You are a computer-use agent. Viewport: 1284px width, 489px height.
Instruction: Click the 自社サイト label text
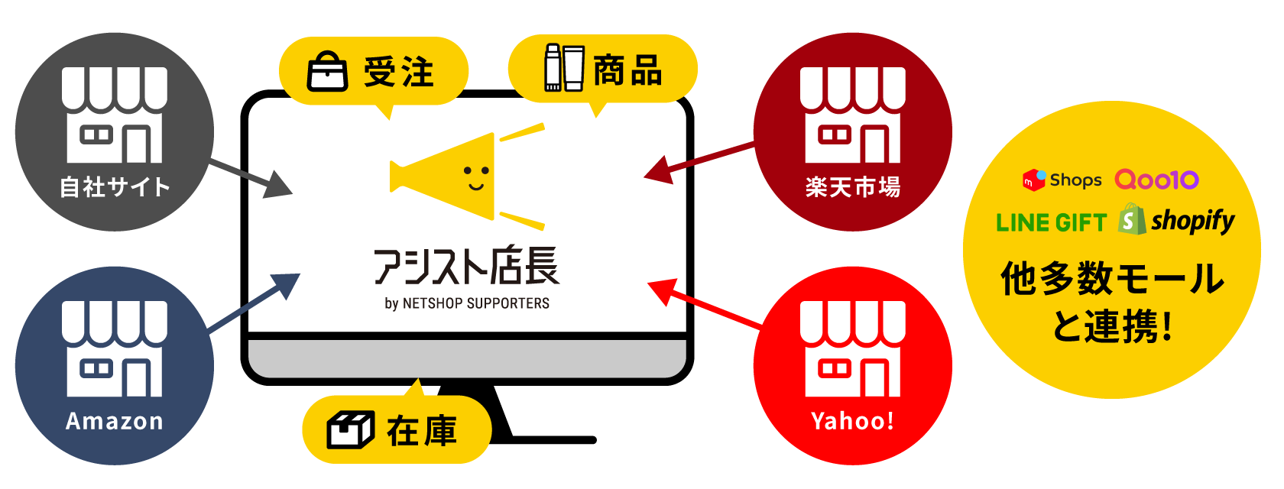(x=115, y=187)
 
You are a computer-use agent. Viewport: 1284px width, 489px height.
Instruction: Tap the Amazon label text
(x=115, y=421)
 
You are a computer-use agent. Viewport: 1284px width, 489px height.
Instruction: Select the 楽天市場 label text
(x=853, y=187)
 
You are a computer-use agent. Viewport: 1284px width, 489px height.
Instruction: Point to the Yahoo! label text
(x=853, y=421)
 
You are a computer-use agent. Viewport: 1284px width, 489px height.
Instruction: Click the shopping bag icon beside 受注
(x=327, y=71)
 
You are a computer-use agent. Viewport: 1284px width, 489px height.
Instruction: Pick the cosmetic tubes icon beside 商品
(x=564, y=68)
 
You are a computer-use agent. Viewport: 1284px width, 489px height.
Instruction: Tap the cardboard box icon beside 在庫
(x=351, y=430)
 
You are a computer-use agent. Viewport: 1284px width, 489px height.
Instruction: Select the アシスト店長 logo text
(x=466, y=266)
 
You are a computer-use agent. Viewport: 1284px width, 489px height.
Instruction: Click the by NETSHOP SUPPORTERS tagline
(x=466, y=303)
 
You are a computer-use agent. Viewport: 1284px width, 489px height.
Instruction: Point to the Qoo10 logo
(x=1156, y=180)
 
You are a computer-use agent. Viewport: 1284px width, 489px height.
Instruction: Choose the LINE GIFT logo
(x=1051, y=223)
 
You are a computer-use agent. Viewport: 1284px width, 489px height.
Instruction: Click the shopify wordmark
(x=1192, y=221)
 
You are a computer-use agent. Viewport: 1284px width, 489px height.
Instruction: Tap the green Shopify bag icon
(x=1132, y=219)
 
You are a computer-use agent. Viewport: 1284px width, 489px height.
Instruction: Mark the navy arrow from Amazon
(x=255, y=303)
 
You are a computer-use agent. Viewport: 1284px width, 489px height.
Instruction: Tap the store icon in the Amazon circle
(x=115, y=348)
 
